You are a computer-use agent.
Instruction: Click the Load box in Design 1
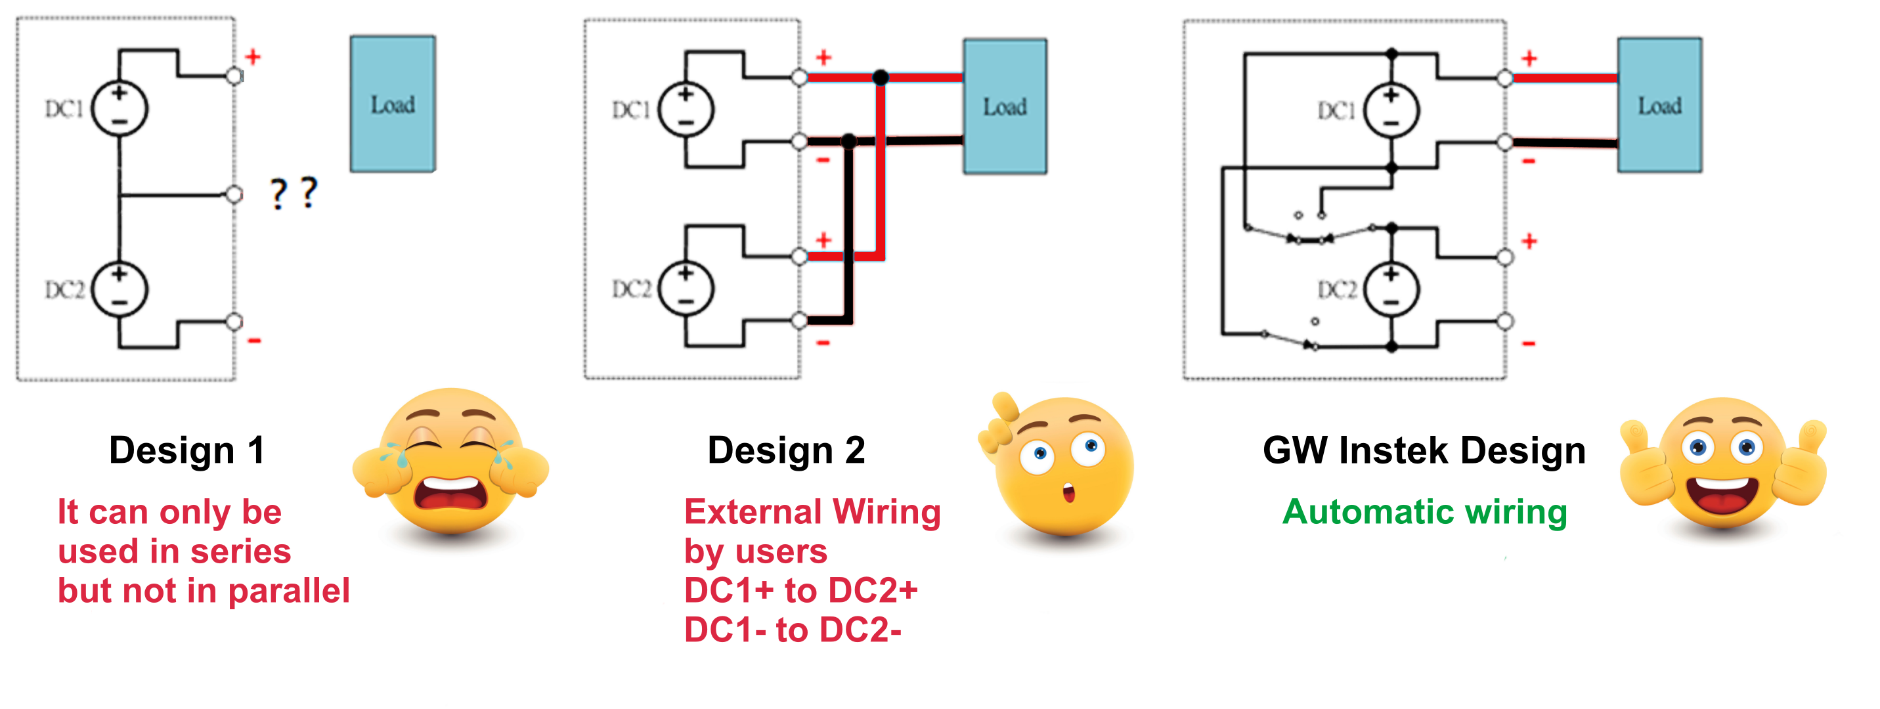coord(393,104)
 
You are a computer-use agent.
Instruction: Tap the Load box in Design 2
coord(1004,106)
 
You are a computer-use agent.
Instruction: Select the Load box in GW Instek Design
coord(1659,106)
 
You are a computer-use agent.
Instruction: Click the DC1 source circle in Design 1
coord(120,110)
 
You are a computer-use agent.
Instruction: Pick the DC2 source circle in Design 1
coord(120,290)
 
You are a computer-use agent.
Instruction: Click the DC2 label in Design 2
coord(630,290)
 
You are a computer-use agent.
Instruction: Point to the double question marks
coord(294,193)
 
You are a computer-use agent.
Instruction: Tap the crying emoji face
coord(450,463)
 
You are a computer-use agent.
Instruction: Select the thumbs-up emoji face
coord(1722,467)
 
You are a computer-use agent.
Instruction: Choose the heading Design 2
coord(786,450)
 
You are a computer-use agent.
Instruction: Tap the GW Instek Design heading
coord(1423,450)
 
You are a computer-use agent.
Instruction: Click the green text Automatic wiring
coord(1424,511)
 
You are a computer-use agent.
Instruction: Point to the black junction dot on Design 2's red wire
coord(881,77)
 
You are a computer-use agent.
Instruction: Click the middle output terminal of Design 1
coord(234,194)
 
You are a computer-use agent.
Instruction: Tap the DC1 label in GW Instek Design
coord(1336,111)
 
